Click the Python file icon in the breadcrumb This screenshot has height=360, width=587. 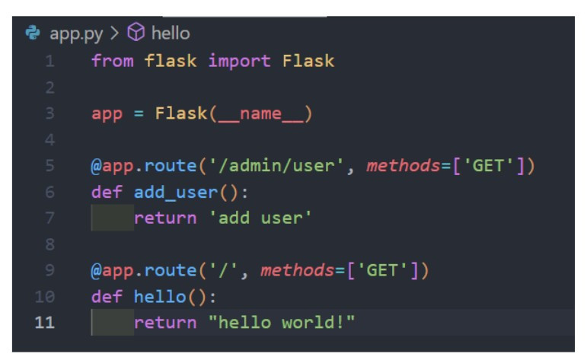(x=31, y=33)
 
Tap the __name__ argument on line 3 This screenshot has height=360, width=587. (x=260, y=113)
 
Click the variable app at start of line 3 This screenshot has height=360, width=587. (x=107, y=113)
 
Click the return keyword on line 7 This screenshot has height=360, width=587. (x=164, y=218)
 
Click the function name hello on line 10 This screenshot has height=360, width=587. (x=159, y=297)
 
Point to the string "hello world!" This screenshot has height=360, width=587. (x=282, y=323)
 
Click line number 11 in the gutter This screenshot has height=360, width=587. (x=45, y=323)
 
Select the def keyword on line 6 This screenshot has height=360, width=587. (x=107, y=193)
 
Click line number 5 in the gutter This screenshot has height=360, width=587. (x=49, y=166)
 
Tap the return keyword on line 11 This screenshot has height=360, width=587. (x=164, y=323)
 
